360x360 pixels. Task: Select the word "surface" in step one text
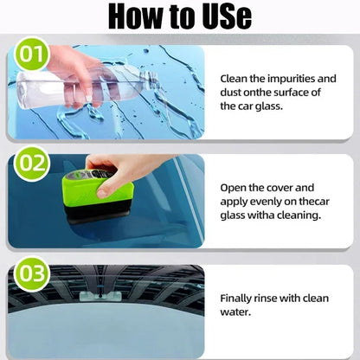(x=299, y=93)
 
